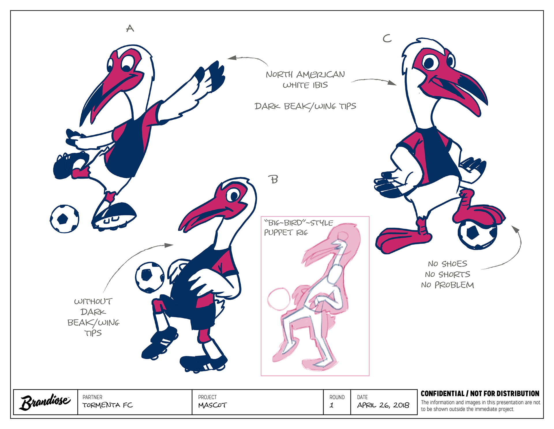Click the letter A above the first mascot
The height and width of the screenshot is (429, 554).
pos(130,28)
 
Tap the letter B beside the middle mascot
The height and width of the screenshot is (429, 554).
pos(274,180)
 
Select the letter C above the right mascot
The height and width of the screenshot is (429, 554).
pos(387,38)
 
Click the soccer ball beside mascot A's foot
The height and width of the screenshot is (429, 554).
pos(64,219)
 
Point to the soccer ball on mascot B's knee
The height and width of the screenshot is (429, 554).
pos(150,277)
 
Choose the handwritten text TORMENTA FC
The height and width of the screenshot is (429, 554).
pos(108,405)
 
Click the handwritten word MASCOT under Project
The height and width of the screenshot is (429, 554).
pos(212,405)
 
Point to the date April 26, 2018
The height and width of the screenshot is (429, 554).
pos(383,405)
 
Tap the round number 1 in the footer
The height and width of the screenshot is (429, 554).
pos(332,405)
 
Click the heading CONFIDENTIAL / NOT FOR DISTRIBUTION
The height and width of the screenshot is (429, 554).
pos(480,393)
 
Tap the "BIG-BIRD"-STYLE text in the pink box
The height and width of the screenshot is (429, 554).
pos(298,223)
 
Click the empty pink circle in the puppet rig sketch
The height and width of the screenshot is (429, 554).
pos(279,299)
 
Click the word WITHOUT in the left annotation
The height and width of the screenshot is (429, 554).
pos(93,302)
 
